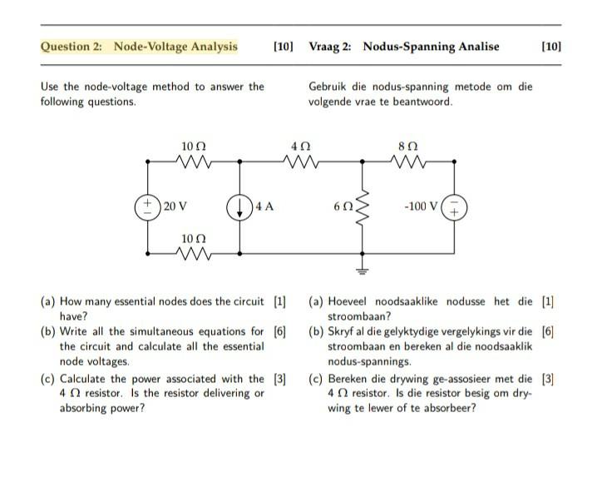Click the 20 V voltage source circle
(x=149, y=206)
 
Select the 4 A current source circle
(x=240, y=206)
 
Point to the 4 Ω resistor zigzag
(x=301, y=162)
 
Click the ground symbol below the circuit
(x=363, y=267)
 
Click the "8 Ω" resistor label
(x=408, y=146)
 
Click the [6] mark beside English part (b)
(x=280, y=331)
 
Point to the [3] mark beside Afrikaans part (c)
(x=547, y=378)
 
